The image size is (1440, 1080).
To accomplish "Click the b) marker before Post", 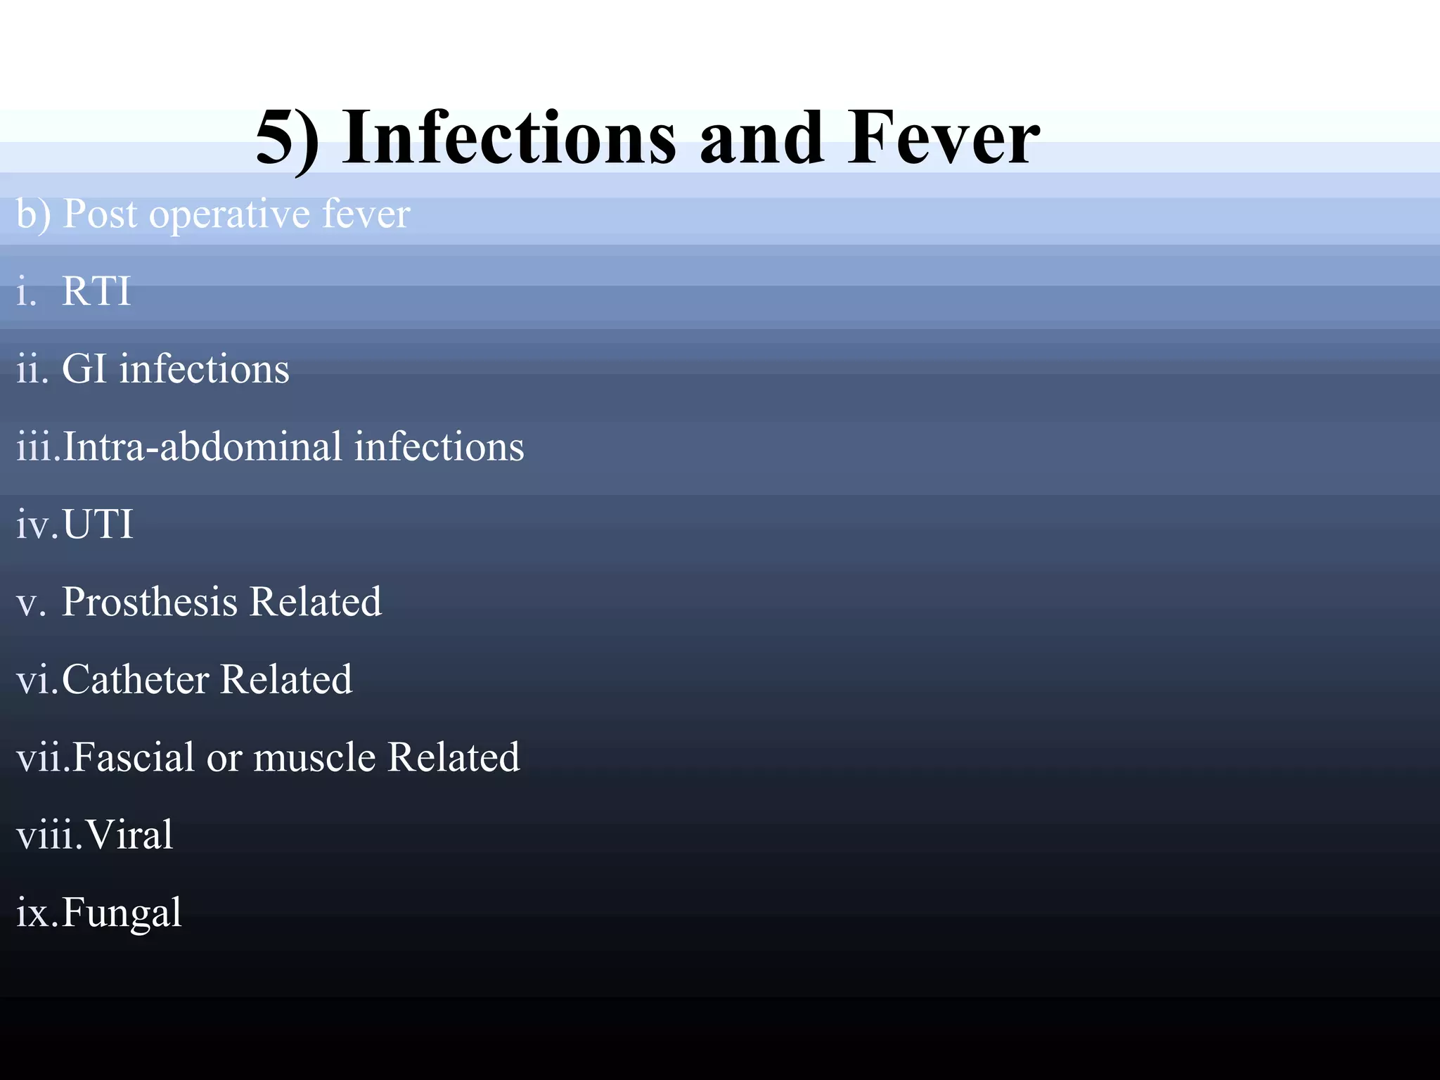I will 33,214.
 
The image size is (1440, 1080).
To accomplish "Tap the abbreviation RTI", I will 96,290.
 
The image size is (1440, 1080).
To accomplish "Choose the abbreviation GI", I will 84,368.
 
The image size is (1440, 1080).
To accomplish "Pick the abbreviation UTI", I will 98,525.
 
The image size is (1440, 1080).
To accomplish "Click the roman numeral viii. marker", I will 49,835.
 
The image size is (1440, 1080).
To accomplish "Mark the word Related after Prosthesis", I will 315,603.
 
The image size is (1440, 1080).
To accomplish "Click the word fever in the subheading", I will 366,214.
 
